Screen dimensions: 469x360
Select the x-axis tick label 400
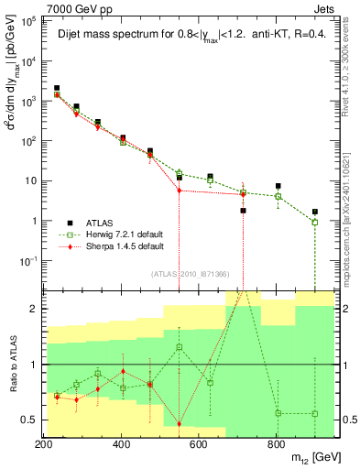(122, 442)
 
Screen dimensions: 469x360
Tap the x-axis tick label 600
(199, 442)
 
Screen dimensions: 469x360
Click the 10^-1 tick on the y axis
(28, 261)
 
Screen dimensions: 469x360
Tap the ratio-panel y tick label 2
(33, 309)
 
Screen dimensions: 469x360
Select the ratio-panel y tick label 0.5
(29, 420)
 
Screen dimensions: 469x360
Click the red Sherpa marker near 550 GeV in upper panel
(180, 191)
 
